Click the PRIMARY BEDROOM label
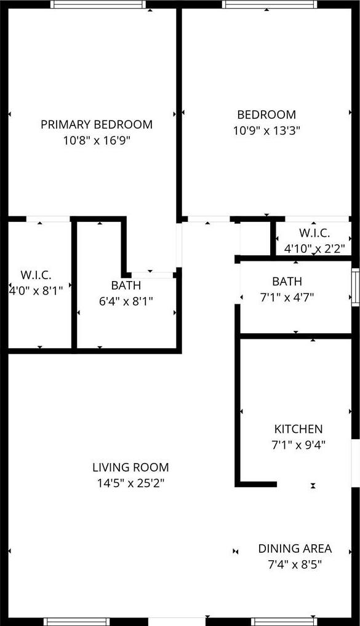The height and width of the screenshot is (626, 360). coord(97,125)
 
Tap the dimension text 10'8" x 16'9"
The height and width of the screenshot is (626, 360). coord(97,141)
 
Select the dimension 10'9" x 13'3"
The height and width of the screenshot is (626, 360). coord(266,131)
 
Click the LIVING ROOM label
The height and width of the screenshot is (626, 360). coord(130,467)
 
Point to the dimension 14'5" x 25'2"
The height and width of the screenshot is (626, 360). coord(130,483)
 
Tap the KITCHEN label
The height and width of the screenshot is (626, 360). coord(298,429)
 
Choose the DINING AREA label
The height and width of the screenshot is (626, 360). coord(295,549)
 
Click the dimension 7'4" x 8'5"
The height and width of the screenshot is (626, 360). coord(295,565)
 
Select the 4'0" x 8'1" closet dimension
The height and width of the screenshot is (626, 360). coord(36,291)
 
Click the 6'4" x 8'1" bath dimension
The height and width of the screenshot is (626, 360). coord(126,301)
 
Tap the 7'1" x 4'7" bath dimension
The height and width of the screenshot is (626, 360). coord(287,298)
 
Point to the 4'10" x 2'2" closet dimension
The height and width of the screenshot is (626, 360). coord(314,249)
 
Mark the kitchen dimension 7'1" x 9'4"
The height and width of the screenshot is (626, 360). coord(298,445)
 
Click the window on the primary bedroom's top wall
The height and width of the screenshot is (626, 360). coord(98,4)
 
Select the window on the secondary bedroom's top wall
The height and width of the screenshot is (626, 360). coord(270,4)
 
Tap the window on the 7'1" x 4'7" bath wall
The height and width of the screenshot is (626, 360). coord(355,287)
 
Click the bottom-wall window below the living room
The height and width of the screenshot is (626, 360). coord(76,622)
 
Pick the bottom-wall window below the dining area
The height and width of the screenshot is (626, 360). coord(284,622)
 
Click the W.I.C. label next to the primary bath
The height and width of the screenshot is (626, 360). coord(36,275)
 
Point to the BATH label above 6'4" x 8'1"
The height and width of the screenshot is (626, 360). coord(126,285)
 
